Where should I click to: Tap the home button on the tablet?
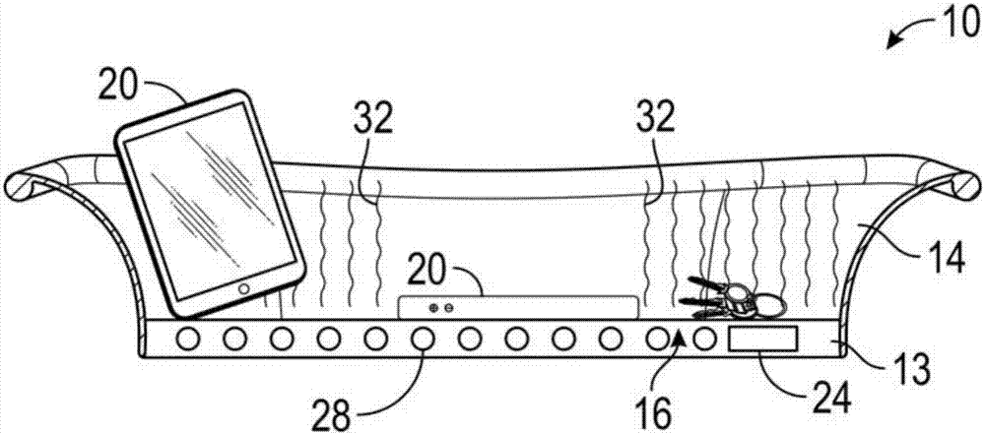pos(245,289)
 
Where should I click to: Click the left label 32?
pos(373,119)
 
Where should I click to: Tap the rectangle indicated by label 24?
pos(762,339)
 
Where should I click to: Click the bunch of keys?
pos(735,297)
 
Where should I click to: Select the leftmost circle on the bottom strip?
pos(188,340)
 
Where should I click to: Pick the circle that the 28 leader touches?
pos(422,340)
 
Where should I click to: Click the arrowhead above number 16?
pos(680,339)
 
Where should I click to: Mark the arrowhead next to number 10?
pos(894,42)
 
